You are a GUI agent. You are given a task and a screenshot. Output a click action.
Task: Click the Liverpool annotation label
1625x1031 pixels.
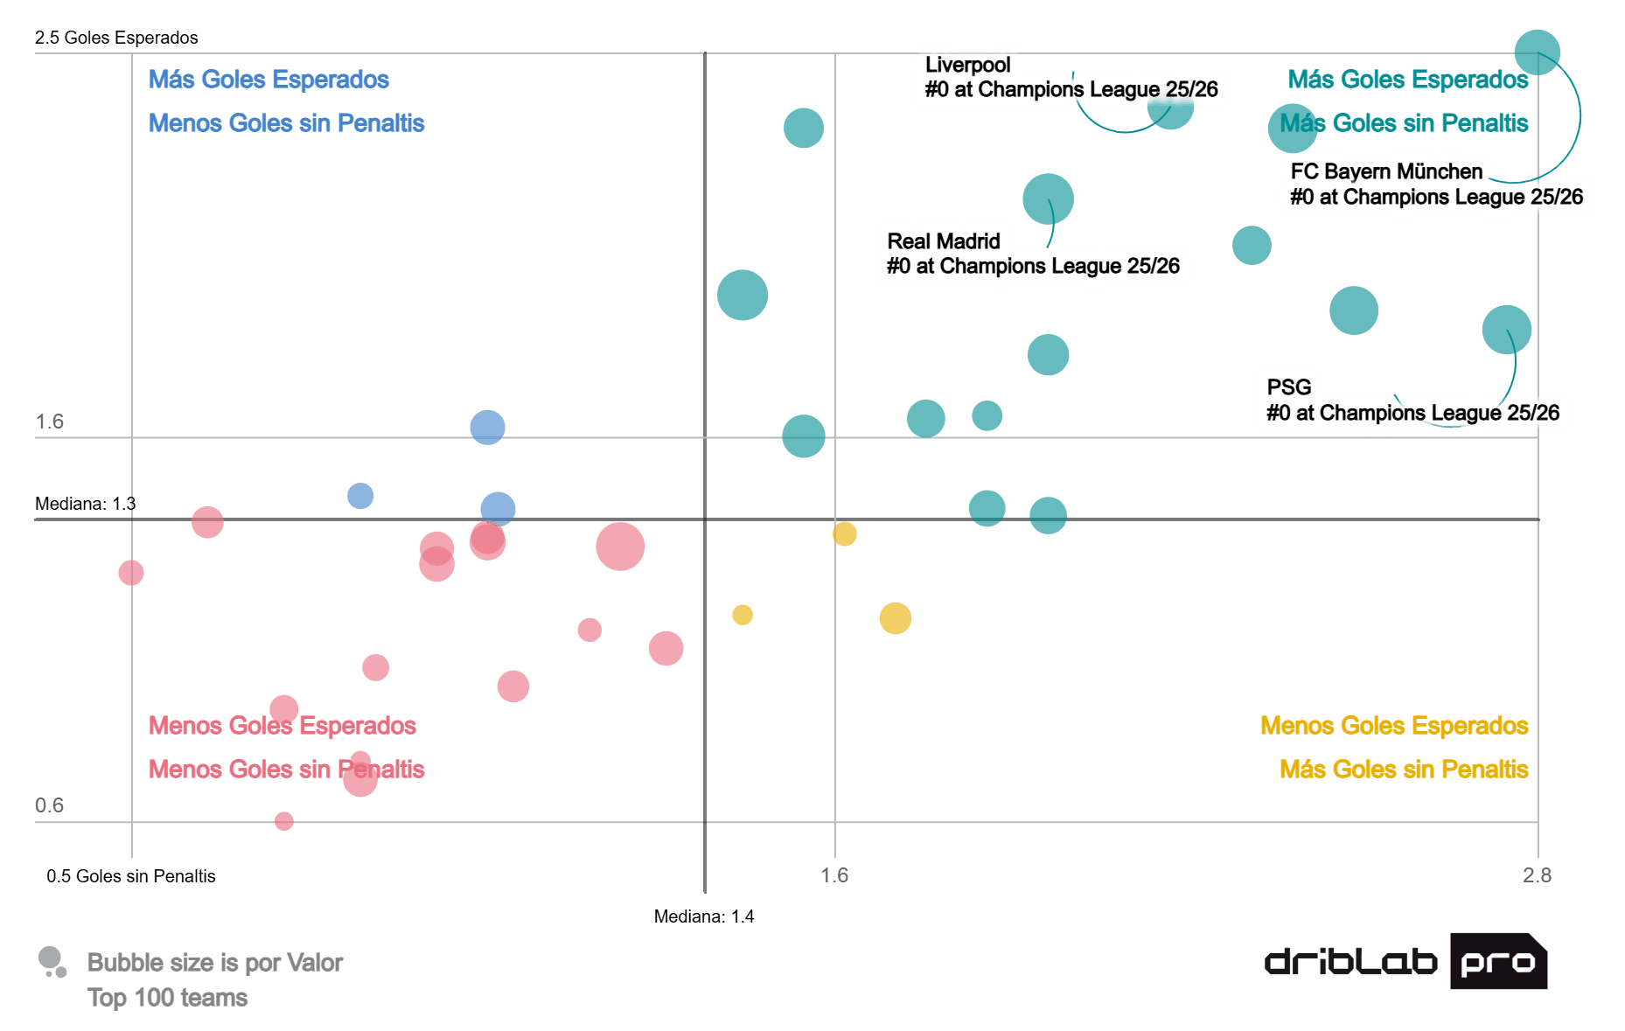click(x=1071, y=78)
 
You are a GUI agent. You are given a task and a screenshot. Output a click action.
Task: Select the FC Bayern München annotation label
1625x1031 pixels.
click(x=1436, y=185)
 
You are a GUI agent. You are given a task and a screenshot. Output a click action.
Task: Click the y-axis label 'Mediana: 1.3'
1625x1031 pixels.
click(x=85, y=504)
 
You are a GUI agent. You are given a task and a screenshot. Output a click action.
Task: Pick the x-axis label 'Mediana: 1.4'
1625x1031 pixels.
click(x=704, y=916)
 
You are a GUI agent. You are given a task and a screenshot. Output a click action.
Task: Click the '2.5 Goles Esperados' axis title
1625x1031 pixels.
click(x=116, y=38)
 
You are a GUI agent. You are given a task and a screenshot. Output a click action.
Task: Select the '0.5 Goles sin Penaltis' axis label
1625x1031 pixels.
click(x=131, y=876)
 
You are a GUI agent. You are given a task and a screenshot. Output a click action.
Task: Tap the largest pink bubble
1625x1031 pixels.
click(x=620, y=547)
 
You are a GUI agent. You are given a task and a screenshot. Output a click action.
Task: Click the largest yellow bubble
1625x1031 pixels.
click(x=895, y=618)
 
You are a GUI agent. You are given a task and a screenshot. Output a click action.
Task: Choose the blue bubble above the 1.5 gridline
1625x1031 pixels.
click(x=487, y=427)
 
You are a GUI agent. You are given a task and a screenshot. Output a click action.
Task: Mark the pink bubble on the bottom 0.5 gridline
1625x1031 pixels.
click(x=283, y=821)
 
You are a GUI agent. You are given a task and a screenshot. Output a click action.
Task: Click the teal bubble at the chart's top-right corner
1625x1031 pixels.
click(x=1537, y=52)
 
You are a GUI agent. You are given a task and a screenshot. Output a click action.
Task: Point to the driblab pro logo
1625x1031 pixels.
click(x=1405, y=961)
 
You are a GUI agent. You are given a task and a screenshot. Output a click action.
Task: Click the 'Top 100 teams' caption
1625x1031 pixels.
click(x=168, y=998)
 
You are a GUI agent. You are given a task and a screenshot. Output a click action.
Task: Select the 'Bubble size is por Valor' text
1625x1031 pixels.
click(x=214, y=963)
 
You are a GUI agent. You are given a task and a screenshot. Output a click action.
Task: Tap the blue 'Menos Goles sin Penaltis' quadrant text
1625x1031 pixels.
click(x=286, y=123)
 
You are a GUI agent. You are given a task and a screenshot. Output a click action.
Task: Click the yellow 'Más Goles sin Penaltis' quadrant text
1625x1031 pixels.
click(x=1404, y=770)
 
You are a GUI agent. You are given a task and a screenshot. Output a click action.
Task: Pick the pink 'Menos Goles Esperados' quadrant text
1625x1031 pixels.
click(x=282, y=726)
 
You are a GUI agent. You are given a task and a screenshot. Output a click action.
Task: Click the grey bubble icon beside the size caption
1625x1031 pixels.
click(x=52, y=962)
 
